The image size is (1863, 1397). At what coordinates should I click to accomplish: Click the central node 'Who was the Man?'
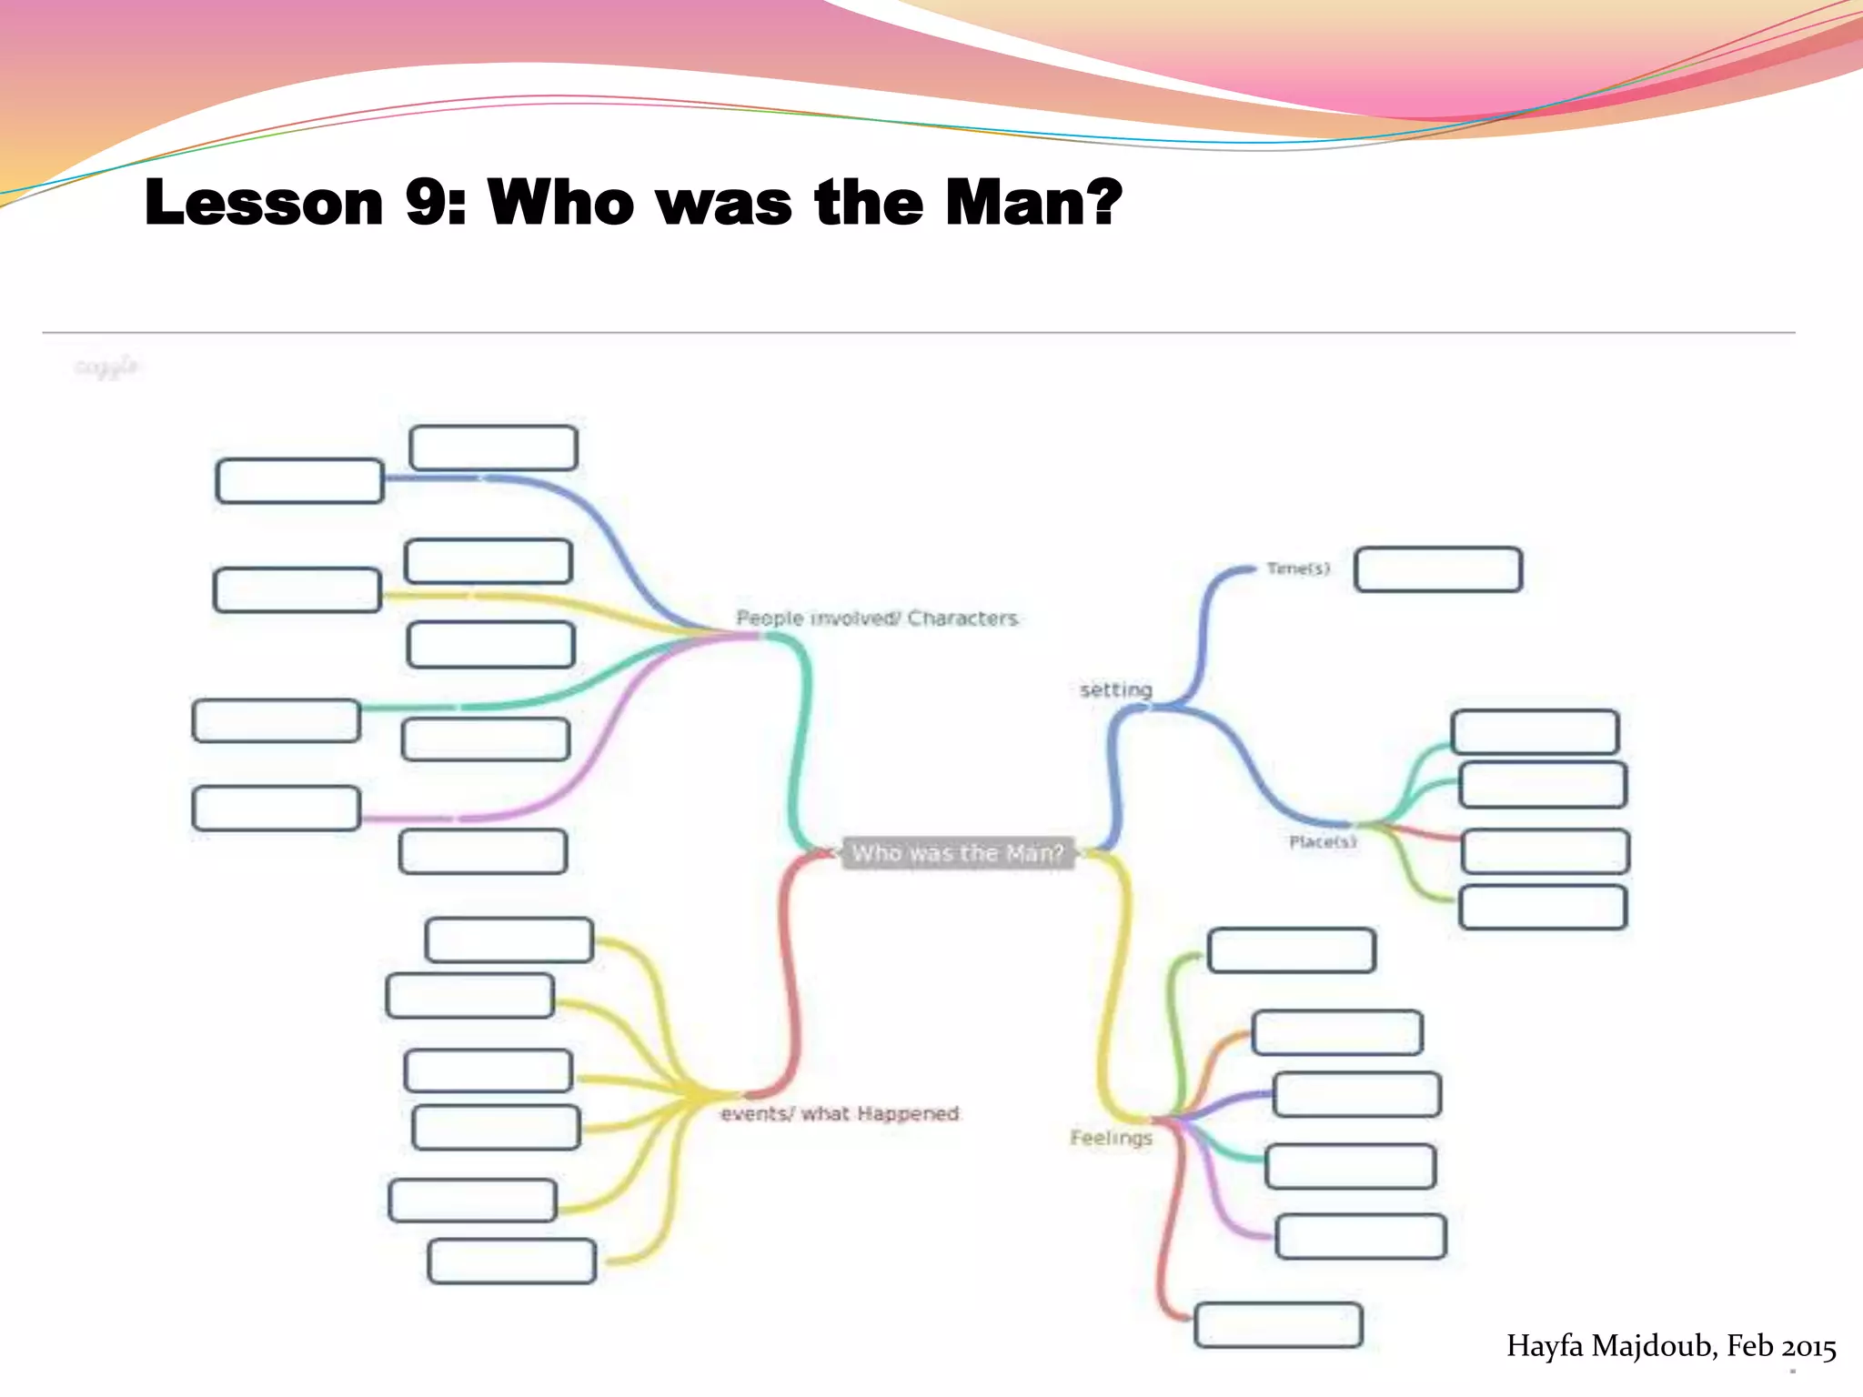tap(957, 853)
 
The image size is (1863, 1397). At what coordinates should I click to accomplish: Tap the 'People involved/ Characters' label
tap(877, 618)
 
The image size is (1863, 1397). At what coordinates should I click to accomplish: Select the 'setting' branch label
tap(1116, 689)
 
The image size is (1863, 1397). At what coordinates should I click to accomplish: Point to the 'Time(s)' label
tap(1298, 568)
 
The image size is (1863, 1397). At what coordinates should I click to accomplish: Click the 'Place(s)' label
tap(1323, 842)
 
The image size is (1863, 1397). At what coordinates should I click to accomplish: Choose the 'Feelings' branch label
tap(1111, 1138)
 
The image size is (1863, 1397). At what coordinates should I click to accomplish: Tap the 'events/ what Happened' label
tap(840, 1114)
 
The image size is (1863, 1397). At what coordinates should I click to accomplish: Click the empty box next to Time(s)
tap(1438, 570)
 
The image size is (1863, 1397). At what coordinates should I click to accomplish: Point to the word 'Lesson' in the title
tap(264, 202)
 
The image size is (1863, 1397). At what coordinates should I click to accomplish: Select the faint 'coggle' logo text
tap(106, 367)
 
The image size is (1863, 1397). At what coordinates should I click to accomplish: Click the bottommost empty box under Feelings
tap(1278, 1325)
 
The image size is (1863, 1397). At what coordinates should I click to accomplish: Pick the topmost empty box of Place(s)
tap(1535, 732)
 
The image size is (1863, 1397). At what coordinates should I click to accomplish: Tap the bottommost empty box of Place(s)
tap(1543, 908)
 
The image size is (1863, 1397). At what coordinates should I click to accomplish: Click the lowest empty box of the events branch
tap(512, 1261)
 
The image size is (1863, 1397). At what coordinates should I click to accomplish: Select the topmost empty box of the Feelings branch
tap(1291, 950)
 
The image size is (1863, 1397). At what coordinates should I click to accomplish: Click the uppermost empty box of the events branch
tap(509, 940)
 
